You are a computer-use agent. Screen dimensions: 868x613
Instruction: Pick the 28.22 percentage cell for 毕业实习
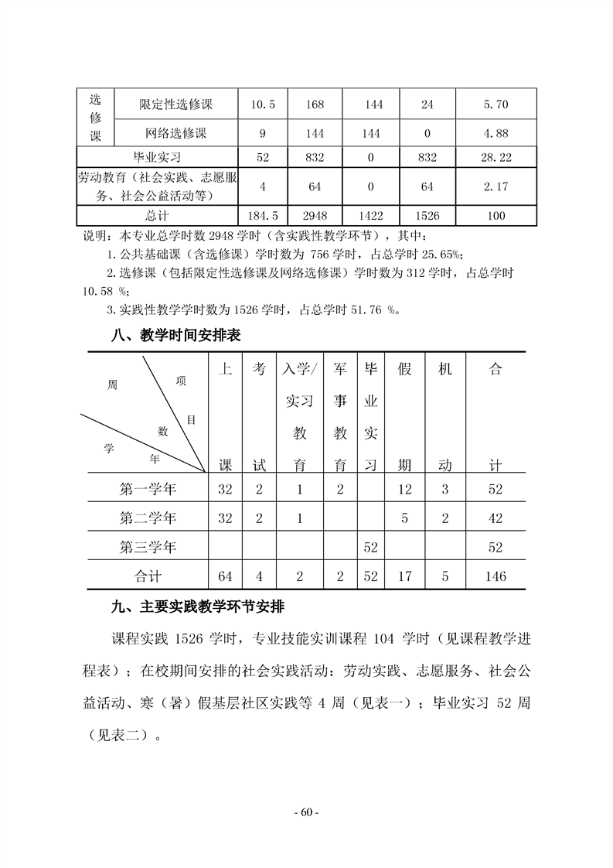pos(495,157)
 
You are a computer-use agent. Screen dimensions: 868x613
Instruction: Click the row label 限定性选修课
pos(176,104)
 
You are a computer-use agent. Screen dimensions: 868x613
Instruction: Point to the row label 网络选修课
pos(176,132)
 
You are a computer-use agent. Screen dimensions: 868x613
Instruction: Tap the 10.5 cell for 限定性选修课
pos(263,104)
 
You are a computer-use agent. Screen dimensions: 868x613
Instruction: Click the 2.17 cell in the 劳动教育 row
pos(495,186)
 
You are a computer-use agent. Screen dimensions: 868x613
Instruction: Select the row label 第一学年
pos(148,489)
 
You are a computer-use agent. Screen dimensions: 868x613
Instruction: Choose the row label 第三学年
pos(148,547)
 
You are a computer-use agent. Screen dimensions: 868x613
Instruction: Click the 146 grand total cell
pos(496,576)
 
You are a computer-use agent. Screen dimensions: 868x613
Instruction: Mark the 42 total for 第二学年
pos(496,518)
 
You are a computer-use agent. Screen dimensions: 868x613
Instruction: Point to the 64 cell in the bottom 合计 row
pos(225,576)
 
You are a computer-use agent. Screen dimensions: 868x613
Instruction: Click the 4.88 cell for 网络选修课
pos(495,132)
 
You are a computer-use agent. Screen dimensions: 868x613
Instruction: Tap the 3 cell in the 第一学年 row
pos(444,489)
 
